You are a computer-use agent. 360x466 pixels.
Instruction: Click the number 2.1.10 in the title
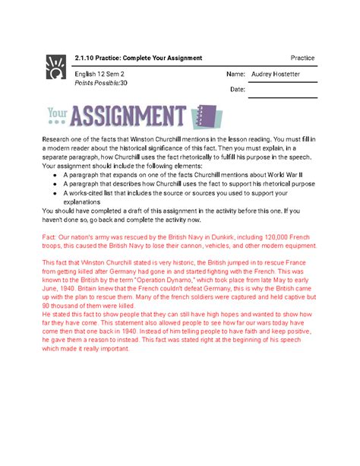tap(88, 59)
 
